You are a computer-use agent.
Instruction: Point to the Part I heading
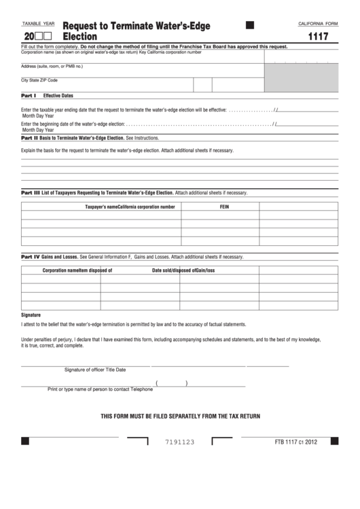29,96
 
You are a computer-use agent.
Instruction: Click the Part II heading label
30,137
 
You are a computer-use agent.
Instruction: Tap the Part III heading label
31,192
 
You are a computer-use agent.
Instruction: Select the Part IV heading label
31,257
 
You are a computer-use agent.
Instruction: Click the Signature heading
31,315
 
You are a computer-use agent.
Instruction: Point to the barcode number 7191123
180,442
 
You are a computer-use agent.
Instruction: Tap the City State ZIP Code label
39,80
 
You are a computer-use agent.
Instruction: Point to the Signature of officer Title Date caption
95,370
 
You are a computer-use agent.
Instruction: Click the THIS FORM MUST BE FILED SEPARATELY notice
180,415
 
